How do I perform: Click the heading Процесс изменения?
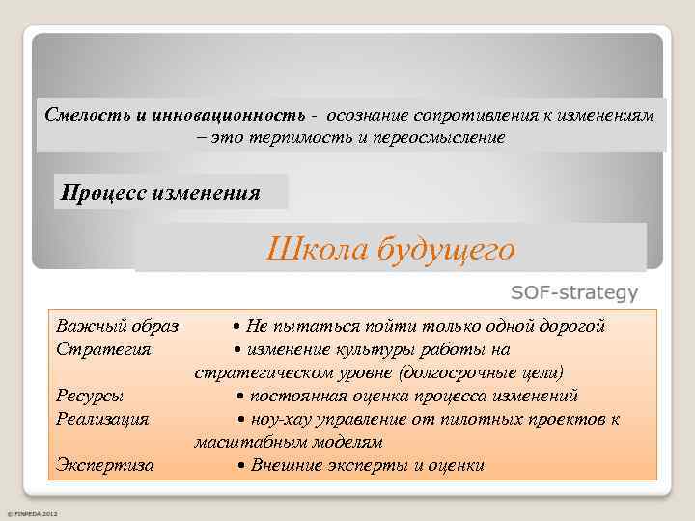160,191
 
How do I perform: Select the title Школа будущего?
390,250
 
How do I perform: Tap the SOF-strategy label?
573,291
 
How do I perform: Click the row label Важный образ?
111,326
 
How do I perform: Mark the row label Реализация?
102,419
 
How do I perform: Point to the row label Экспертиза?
105,465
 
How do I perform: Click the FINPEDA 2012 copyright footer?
33,513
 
